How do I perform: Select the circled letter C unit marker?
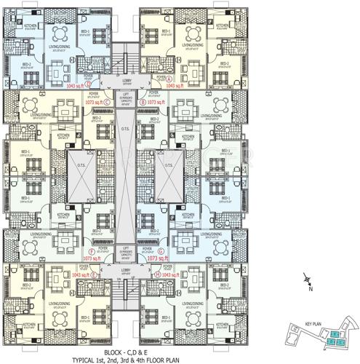107,103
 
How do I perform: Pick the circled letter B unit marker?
143,103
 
